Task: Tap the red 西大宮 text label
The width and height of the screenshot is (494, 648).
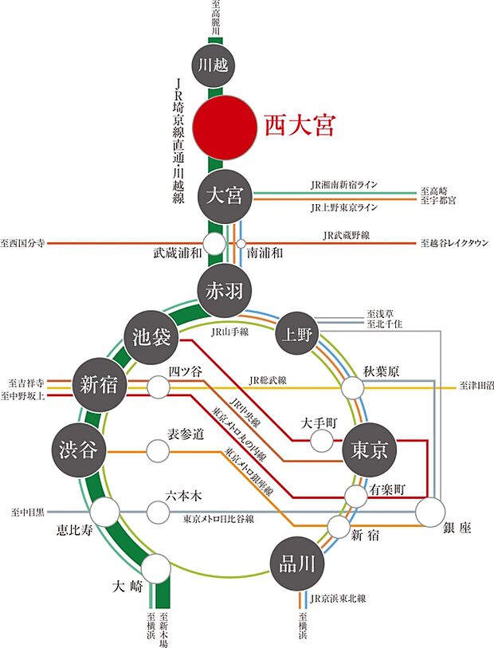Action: (x=298, y=126)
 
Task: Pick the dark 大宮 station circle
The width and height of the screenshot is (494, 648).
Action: (x=224, y=194)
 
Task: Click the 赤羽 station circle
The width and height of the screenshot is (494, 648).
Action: (x=224, y=291)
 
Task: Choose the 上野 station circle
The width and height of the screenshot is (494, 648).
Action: (x=297, y=335)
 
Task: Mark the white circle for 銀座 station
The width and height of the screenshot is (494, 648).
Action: (x=434, y=512)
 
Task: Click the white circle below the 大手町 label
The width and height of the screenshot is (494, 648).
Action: (x=321, y=440)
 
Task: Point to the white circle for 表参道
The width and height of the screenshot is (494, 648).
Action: (x=159, y=450)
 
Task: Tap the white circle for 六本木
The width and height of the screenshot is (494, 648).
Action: (x=159, y=510)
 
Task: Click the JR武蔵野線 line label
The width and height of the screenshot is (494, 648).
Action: (x=347, y=236)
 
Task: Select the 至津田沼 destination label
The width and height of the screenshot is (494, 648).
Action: (x=476, y=387)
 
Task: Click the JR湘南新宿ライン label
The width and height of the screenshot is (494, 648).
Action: (x=343, y=184)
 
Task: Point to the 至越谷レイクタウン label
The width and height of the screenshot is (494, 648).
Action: (x=454, y=242)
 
